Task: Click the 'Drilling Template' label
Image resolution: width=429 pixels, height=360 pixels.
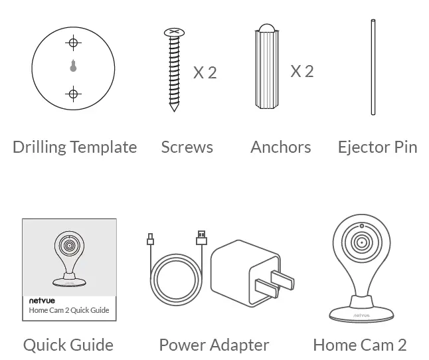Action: tap(74, 147)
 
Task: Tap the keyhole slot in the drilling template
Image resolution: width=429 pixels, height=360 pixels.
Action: tap(74, 66)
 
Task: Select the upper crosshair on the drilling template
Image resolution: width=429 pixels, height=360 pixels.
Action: tap(74, 44)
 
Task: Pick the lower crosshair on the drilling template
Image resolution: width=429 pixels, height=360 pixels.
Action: tap(74, 92)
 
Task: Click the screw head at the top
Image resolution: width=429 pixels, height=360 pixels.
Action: tap(173, 31)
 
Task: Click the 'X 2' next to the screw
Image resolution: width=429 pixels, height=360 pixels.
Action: tap(205, 72)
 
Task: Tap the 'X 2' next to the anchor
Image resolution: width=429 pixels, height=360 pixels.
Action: tap(301, 70)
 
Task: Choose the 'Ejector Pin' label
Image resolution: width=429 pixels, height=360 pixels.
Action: tap(377, 147)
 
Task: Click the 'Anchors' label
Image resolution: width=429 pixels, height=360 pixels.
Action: tap(280, 147)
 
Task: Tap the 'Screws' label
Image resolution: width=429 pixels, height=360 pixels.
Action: tap(187, 147)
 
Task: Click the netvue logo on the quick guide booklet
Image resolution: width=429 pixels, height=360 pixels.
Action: tap(41, 300)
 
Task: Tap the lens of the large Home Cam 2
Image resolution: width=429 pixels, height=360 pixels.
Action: tap(361, 242)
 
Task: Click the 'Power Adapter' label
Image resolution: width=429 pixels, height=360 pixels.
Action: tap(214, 345)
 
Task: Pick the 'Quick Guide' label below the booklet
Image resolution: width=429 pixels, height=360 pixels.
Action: tap(68, 345)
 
